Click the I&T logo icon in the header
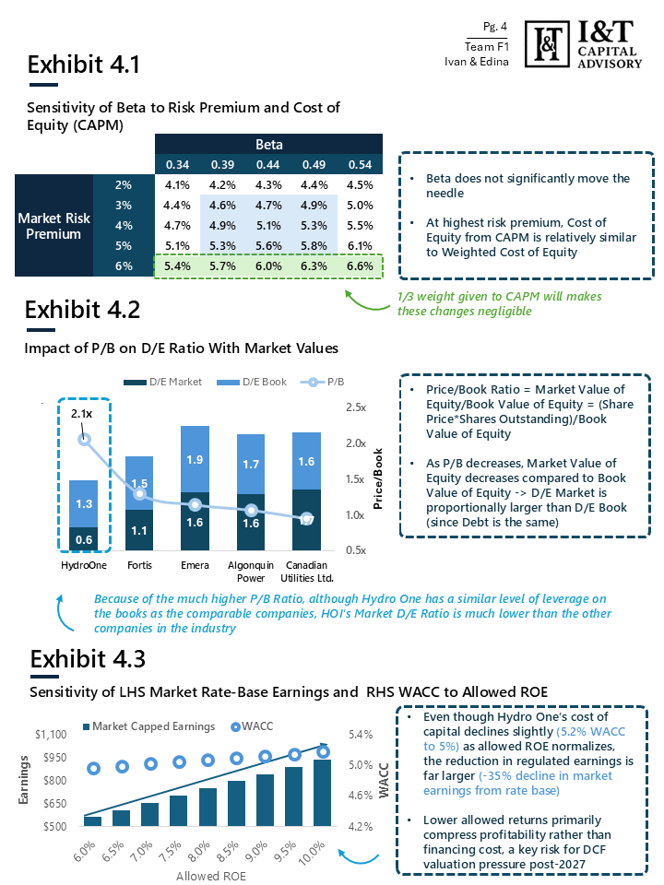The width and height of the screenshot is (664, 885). point(548,41)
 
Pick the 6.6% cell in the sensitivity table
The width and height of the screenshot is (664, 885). point(359,265)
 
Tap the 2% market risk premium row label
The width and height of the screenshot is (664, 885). point(124,184)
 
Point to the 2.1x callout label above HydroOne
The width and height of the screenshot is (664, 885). point(82,414)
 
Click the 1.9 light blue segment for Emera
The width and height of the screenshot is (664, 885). point(195,459)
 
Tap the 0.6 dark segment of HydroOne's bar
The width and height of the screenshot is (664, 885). point(84,540)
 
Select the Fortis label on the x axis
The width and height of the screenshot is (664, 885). point(139,564)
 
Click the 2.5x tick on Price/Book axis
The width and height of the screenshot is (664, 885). point(355,407)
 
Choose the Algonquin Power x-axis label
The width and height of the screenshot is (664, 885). point(250,571)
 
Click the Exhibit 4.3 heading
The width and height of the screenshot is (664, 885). point(87,659)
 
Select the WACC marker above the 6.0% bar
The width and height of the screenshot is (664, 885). point(92,768)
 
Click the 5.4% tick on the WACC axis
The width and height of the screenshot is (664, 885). point(360,735)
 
